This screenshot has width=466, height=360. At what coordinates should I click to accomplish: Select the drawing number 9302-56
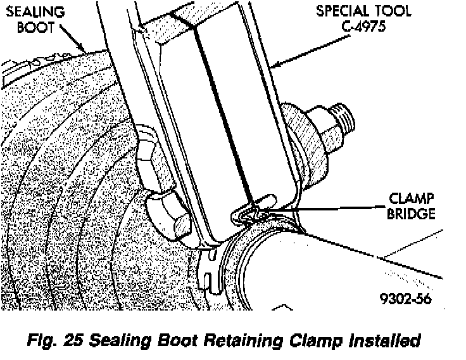coord(407,299)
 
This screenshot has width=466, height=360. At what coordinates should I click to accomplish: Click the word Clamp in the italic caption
coord(318,340)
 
